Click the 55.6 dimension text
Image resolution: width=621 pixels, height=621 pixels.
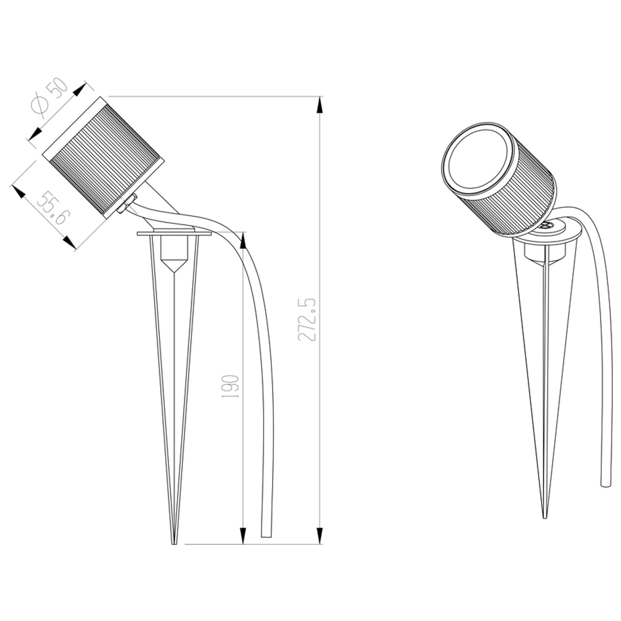tap(51, 207)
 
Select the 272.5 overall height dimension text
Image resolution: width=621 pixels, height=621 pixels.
tap(308, 319)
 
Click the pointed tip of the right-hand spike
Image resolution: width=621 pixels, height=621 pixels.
tap(545, 516)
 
